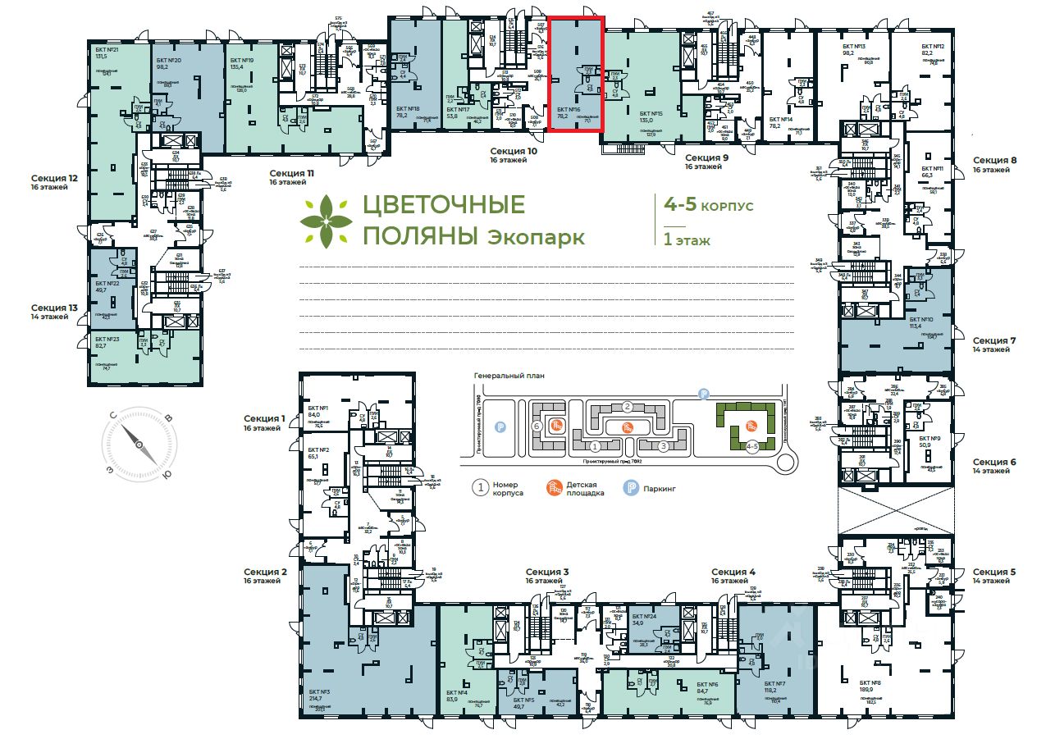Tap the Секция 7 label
[995, 340]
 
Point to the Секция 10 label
[514, 152]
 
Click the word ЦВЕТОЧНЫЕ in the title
[444, 204]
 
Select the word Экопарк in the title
[537, 238]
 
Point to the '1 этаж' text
[687, 241]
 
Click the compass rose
[139, 445]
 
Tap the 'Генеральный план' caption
[509, 376]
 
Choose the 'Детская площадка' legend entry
[585, 488]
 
